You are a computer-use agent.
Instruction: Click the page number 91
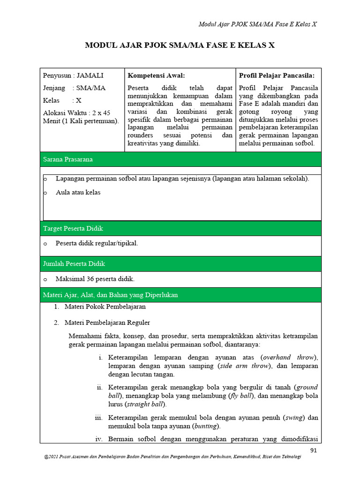(314, 450)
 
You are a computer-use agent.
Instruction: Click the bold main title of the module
(180, 45)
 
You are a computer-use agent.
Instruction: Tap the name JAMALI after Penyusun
(90, 75)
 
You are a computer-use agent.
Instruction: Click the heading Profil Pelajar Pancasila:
(277, 75)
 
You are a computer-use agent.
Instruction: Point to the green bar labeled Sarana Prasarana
(180, 159)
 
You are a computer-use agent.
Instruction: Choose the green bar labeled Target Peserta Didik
(180, 228)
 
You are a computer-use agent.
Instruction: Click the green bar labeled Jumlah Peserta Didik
(180, 264)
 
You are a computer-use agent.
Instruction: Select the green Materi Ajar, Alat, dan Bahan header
(180, 295)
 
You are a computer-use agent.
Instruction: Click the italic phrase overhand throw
(288, 357)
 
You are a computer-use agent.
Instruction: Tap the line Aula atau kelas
(78, 192)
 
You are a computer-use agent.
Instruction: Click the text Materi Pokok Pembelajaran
(105, 307)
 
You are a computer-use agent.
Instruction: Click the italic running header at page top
(258, 24)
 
